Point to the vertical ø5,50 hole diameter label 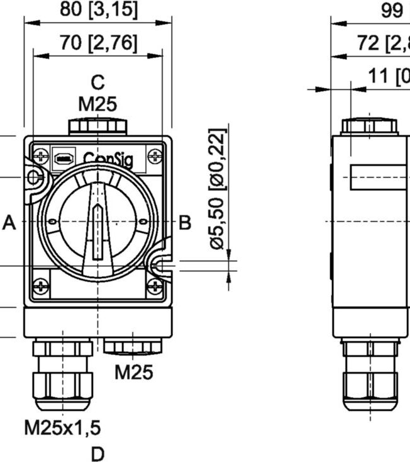click(x=217, y=189)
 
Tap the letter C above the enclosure click(x=97, y=82)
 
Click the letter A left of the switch click(x=9, y=222)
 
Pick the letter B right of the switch click(x=185, y=222)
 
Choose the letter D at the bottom click(x=97, y=453)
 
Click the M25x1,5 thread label click(x=62, y=428)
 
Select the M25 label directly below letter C click(x=97, y=104)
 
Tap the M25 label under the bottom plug click(x=133, y=372)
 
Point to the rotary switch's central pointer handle click(x=97, y=230)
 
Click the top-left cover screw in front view click(x=42, y=155)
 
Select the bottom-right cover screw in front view click(x=153, y=287)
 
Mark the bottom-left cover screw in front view click(x=42, y=286)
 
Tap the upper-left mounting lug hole click(x=33, y=179)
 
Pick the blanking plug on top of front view click(x=97, y=126)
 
